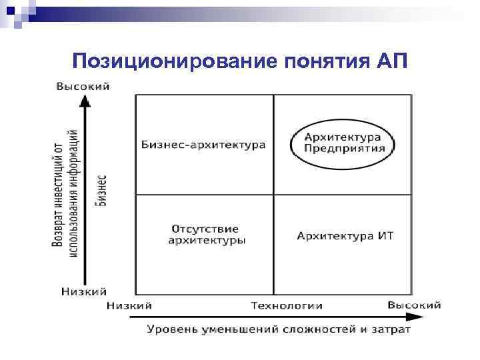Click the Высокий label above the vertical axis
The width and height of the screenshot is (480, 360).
point(83,86)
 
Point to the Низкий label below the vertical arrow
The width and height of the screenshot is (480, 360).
point(83,291)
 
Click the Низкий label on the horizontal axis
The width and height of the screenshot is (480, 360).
point(129,305)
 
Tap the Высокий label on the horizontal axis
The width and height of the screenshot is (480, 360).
point(414,305)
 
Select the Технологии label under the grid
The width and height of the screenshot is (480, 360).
point(287,305)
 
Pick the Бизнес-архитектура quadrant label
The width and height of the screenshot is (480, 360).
point(203,145)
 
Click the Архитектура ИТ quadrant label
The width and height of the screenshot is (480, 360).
point(345,235)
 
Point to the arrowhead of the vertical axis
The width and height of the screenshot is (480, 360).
point(84,101)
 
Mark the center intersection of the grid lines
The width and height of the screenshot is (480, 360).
point(273,194)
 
